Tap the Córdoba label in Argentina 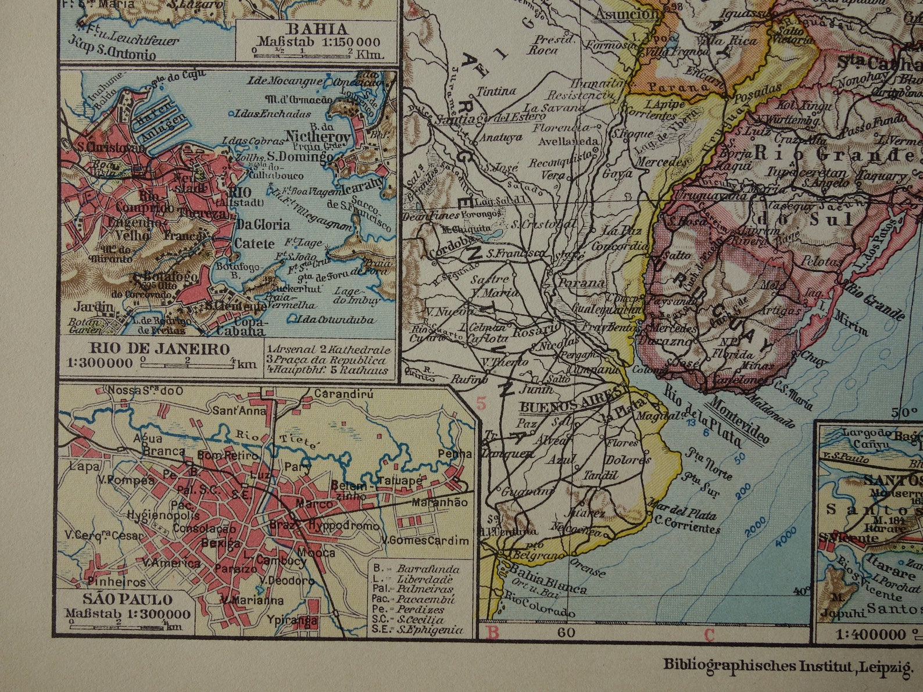coord(449,254)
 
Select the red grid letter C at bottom coord(709,634)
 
